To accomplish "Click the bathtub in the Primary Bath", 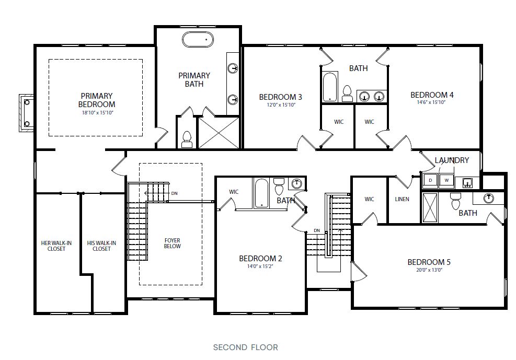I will [198, 39].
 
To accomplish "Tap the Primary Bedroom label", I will [97, 100].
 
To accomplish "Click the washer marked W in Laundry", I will [446, 181].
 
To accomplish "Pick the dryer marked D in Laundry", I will [430, 181].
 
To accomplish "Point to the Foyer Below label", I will [171, 243].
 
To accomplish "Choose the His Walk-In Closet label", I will [101, 246].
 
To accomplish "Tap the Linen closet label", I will [403, 199].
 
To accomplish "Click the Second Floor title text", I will [245, 347].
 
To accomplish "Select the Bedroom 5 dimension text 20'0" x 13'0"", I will [429, 270].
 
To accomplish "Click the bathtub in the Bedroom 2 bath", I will [261, 193].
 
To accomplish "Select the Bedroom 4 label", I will [432, 95].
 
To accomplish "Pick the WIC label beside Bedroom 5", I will [369, 199].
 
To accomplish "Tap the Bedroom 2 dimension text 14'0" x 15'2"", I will [260, 266].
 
